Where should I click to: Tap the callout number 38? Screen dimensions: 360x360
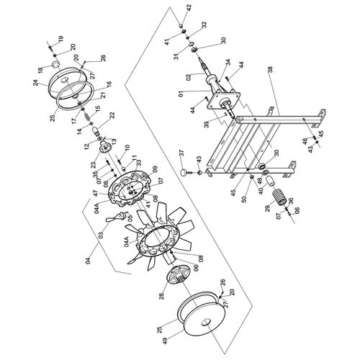(271, 70)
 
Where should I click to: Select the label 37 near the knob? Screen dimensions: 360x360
(181, 153)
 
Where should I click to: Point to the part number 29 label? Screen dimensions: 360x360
(268, 208)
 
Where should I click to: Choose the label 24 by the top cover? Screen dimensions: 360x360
(36, 83)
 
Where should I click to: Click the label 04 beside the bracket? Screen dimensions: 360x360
(88, 260)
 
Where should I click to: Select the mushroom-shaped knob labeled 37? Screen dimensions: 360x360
(185, 173)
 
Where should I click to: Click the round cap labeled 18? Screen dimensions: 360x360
(56, 65)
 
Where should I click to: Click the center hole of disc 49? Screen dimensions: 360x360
(206, 323)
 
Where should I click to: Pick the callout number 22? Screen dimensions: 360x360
(112, 115)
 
